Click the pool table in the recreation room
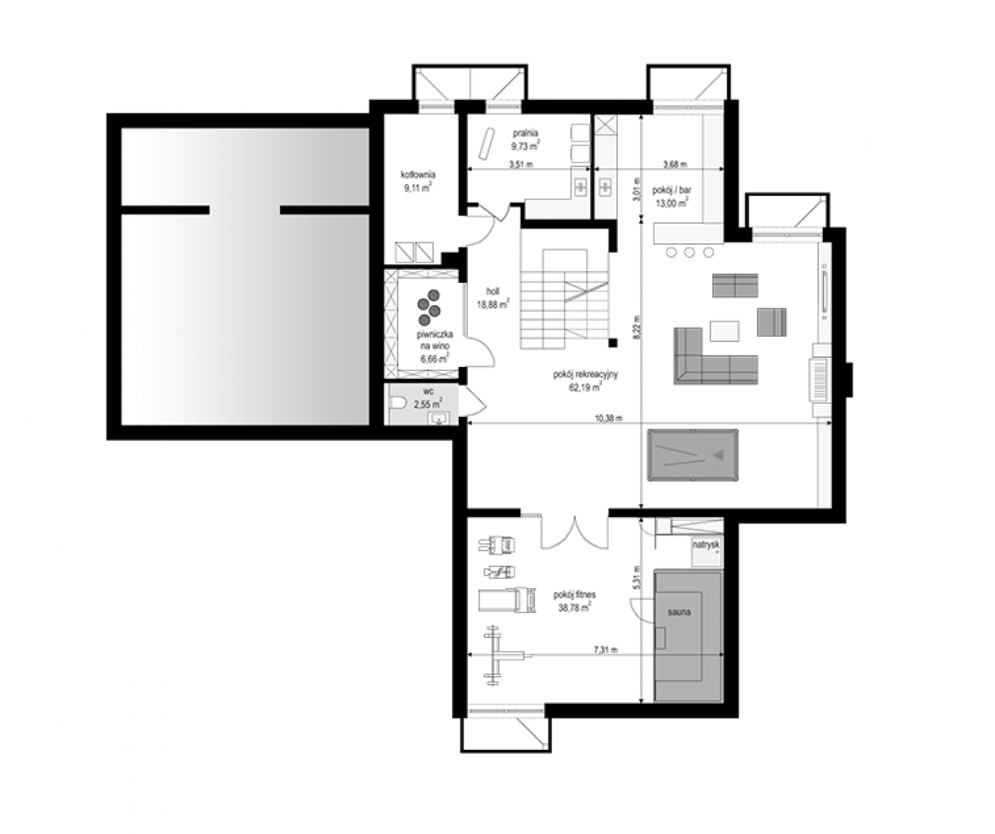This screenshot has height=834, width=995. tap(692, 455)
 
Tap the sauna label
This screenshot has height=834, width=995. tap(679, 612)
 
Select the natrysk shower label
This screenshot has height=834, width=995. tap(706, 546)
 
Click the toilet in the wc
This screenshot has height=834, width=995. tap(397, 404)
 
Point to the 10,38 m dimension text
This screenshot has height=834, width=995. tap(609, 418)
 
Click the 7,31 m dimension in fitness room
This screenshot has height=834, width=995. tap(605, 650)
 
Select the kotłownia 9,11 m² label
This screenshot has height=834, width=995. tap(418, 181)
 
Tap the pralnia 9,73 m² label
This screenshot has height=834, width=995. tap(526, 139)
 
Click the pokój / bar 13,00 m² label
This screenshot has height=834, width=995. tap(672, 196)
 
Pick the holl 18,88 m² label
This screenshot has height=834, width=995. tap(493, 297)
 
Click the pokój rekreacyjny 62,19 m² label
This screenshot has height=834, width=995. tap(585, 380)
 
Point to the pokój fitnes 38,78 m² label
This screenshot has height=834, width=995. tap(574, 601)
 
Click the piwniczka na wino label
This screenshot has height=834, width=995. tap(434, 346)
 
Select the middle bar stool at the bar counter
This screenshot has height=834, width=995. tap(689, 252)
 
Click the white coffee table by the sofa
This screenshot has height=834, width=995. tap(724, 331)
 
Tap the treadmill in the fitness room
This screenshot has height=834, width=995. tap(508, 600)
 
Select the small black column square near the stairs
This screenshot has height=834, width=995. tap(613, 342)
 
